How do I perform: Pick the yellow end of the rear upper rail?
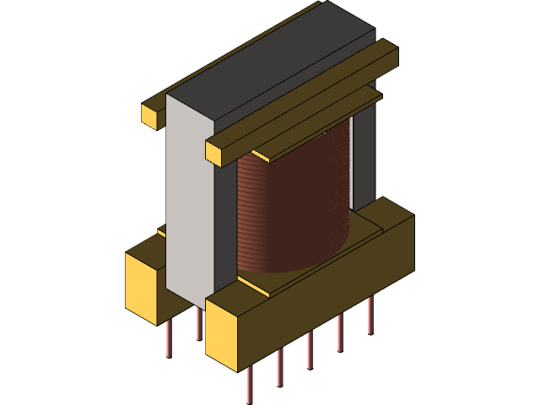[151, 114]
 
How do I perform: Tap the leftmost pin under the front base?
[250, 385]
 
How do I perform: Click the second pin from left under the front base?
[280, 366]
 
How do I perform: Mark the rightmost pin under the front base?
[370, 316]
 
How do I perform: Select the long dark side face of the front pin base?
[329, 287]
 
